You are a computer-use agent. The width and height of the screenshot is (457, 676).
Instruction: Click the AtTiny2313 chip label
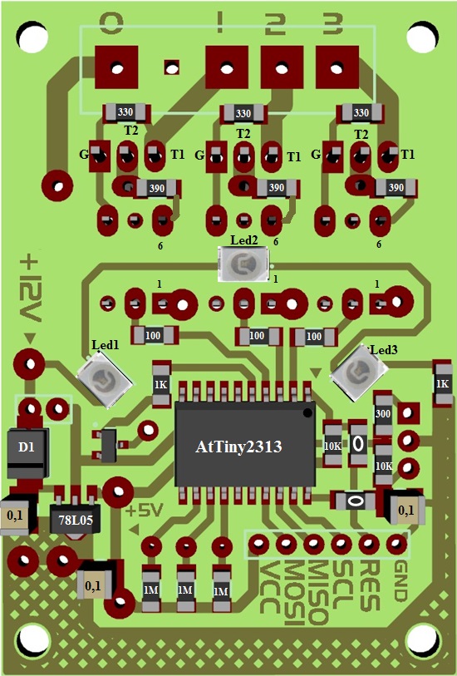pyautogui.click(x=238, y=447)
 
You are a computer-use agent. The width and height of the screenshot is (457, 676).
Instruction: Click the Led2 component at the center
pyautogui.click(x=243, y=264)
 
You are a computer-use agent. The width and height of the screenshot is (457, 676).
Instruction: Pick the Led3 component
pyautogui.click(x=359, y=372)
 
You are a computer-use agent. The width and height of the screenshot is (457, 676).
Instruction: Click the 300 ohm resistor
pyautogui.click(x=383, y=414)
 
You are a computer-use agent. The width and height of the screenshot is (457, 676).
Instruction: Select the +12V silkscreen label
pyautogui.click(x=31, y=289)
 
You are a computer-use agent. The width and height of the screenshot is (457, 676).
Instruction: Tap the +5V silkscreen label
pyautogui.click(x=145, y=511)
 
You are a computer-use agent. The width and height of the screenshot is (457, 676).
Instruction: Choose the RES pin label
pyautogui.click(x=371, y=585)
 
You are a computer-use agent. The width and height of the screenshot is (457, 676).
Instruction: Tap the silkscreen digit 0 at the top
pyautogui.click(x=111, y=22)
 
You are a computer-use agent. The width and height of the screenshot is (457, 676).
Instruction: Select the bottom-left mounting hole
pyautogui.click(x=32, y=640)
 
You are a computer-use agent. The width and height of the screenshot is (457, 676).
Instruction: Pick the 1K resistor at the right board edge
pyautogui.click(x=442, y=383)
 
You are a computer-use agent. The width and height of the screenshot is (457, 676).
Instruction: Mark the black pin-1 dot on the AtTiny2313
pyautogui.click(x=307, y=413)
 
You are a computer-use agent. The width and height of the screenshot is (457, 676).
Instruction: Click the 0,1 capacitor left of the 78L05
pyautogui.click(x=16, y=516)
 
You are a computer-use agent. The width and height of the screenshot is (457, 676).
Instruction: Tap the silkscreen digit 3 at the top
pyautogui.click(x=332, y=23)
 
